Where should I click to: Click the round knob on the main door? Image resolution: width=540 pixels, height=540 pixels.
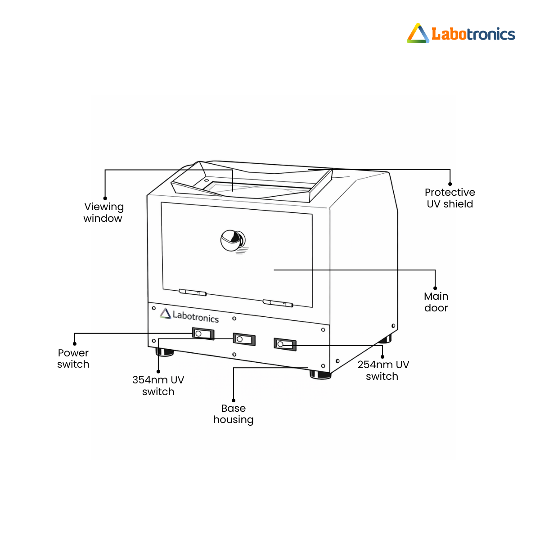coord(233,240)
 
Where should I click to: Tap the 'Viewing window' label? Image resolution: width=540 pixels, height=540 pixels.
coord(103,213)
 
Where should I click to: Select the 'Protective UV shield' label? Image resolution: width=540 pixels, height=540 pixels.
coord(450,198)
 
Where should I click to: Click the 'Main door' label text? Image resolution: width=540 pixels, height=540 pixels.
coord(436,302)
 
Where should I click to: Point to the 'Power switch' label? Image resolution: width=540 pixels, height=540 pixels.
coord(73,358)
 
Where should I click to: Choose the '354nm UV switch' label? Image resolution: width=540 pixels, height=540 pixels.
coord(158,386)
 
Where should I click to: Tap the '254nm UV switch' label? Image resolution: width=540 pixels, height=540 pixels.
coord(383,370)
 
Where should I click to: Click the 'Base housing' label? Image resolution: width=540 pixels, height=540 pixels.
coord(233,414)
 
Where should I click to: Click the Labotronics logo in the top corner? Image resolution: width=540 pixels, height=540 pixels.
coord(461,33)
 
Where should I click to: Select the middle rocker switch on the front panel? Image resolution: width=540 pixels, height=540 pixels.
coord(244,339)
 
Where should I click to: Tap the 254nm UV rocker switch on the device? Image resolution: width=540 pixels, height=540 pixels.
coord(285,344)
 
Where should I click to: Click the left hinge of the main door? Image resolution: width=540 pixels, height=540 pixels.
coord(193,292)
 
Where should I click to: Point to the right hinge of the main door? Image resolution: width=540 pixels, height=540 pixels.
coord(278,303)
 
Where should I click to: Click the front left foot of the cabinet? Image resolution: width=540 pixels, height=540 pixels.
coord(165,352)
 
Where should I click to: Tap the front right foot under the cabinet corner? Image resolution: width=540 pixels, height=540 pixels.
coord(320,375)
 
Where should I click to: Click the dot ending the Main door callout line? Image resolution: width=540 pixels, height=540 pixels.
coord(435,288)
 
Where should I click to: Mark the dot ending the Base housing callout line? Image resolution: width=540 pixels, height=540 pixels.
coord(234,400)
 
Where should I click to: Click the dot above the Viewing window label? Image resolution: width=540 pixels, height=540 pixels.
coord(105,198)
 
